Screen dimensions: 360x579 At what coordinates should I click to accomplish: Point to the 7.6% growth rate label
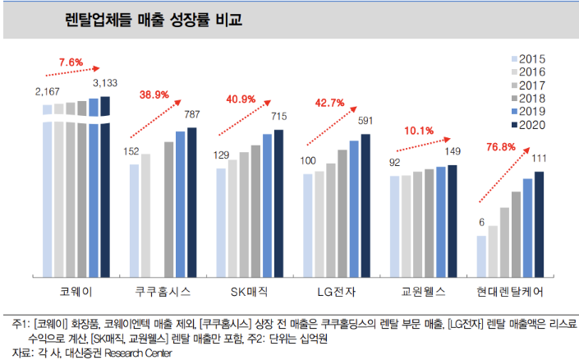(x=71, y=62)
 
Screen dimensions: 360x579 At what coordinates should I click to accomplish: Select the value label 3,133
(x=108, y=83)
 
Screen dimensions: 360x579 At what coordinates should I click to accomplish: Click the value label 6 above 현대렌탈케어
(x=481, y=222)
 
